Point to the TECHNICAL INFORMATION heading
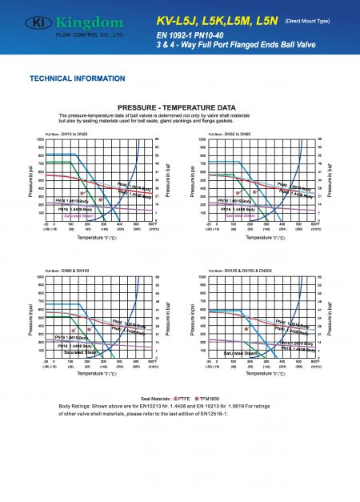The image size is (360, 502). pos(72,79)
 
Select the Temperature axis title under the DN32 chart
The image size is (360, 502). pos(263,237)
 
